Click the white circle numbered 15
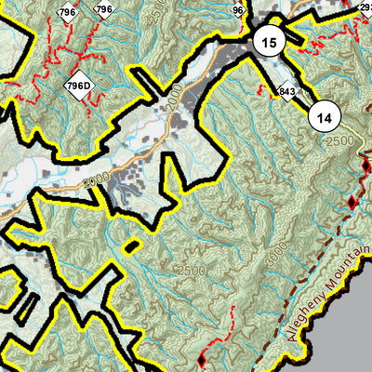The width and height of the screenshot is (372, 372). pyautogui.click(x=269, y=43)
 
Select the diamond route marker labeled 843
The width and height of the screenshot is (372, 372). pyautogui.click(x=286, y=91)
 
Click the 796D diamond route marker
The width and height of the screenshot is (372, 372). pyautogui.click(x=79, y=86)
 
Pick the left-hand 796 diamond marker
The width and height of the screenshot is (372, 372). pyautogui.click(x=66, y=12)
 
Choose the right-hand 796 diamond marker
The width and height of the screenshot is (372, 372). pyautogui.click(x=103, y=10)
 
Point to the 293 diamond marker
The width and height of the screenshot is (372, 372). pyautogui.click(x=365, y=7)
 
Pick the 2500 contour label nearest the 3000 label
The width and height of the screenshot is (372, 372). pyautogui.click(x=193, y=271)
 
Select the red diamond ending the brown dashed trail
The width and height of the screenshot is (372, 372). pyautogui.click(x=352, y=202)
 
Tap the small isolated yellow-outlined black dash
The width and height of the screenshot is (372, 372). pyautogui.click(x=131, y=246)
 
